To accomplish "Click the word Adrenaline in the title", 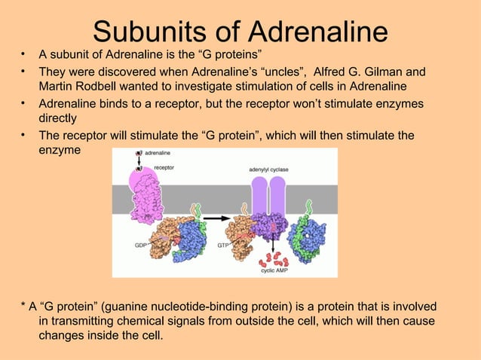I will coord(317,31).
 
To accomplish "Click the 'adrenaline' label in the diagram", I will coord(158,153).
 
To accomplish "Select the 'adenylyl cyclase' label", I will coord(268,169).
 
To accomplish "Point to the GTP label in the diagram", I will coord(223,246).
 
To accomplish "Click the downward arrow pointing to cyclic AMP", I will coord(269,243).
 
